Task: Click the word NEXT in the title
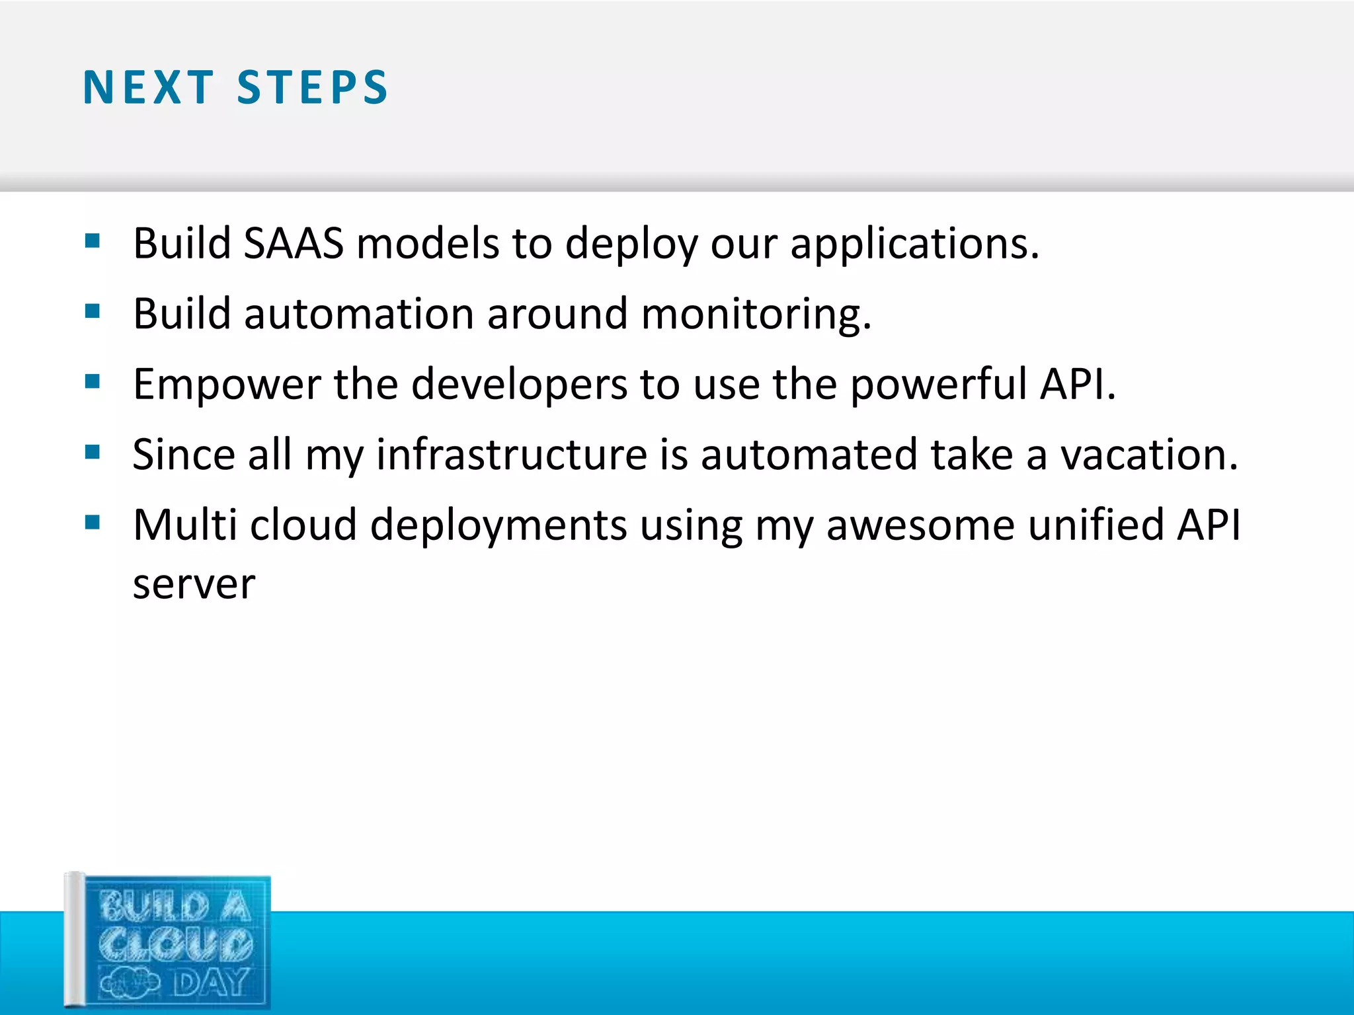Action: click(148, 87)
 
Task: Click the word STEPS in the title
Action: click(312, 87)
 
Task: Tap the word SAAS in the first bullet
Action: click(294, 243)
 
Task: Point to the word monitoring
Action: click(756, 315)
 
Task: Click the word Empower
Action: click(227, 385)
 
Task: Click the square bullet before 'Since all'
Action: click(93, 452)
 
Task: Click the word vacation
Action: click(1149, 455)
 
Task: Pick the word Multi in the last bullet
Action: click(184, 525)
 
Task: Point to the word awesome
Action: click(920, 525)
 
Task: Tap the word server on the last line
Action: click(194, 584)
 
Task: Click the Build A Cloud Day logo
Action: click(169, 941)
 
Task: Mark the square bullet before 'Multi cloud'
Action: click(93, 523)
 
